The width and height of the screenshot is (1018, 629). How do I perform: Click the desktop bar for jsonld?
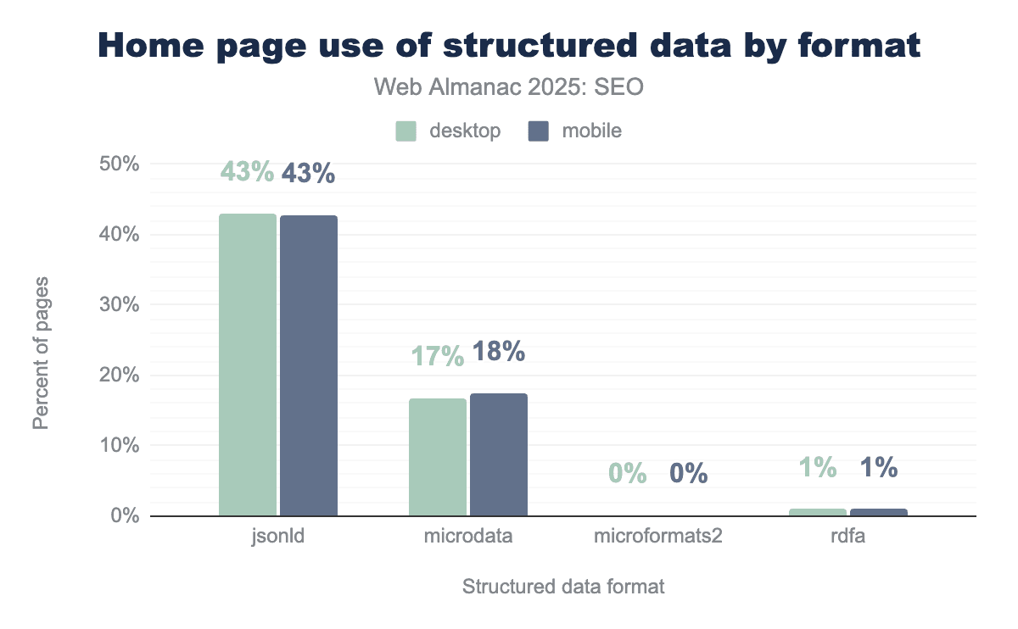[x=248, y=365]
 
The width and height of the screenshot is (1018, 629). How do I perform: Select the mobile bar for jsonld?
[x=309, y=365]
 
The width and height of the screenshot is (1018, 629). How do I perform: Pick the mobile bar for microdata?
[x=499, y=454]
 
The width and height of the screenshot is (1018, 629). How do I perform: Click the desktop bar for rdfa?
[x=818, y=512]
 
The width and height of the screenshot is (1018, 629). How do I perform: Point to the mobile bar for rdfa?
[x=879, y=512]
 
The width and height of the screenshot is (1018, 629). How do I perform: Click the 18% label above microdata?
[x=499, y=352]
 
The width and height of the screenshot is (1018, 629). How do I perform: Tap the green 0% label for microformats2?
[x=628, y=473]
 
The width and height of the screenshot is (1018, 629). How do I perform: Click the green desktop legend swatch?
[x=406, y=131]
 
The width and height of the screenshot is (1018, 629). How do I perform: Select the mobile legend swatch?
[x=538, y=131]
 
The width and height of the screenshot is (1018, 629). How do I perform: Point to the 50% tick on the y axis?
[x=120, y=164]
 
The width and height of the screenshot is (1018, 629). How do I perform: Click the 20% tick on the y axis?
[x=120, y=375]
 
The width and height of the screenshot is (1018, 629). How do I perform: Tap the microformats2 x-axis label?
[x=657, y=537]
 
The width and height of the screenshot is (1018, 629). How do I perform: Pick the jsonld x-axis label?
[x=278, y=537]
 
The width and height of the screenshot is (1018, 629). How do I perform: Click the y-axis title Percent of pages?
[x=41, y=351]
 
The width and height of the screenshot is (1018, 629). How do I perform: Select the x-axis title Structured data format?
[x=563, y=587]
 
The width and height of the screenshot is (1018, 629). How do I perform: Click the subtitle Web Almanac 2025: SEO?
[x=509, y=87]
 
